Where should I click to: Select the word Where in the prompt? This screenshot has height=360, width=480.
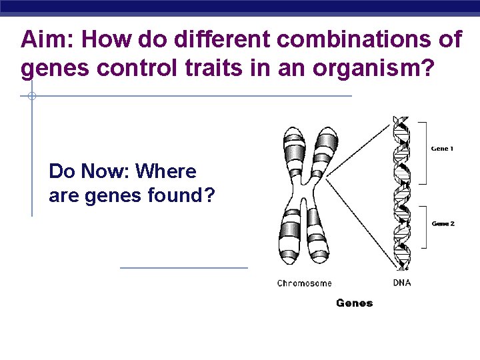[166, 172]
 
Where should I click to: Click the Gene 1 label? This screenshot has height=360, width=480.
[441, 149]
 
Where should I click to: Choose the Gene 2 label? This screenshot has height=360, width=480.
[443, 224]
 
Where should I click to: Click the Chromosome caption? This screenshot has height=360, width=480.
[304, 283]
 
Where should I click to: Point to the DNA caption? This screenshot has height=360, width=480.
[402, 283]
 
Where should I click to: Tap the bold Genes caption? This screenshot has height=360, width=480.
[354, 303]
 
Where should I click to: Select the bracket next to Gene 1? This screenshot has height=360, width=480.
[423, 152]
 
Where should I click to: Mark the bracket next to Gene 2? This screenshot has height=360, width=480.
[423, 227]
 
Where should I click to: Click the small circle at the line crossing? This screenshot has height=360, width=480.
[31, 97]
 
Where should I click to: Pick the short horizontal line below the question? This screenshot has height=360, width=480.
[183, 268]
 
